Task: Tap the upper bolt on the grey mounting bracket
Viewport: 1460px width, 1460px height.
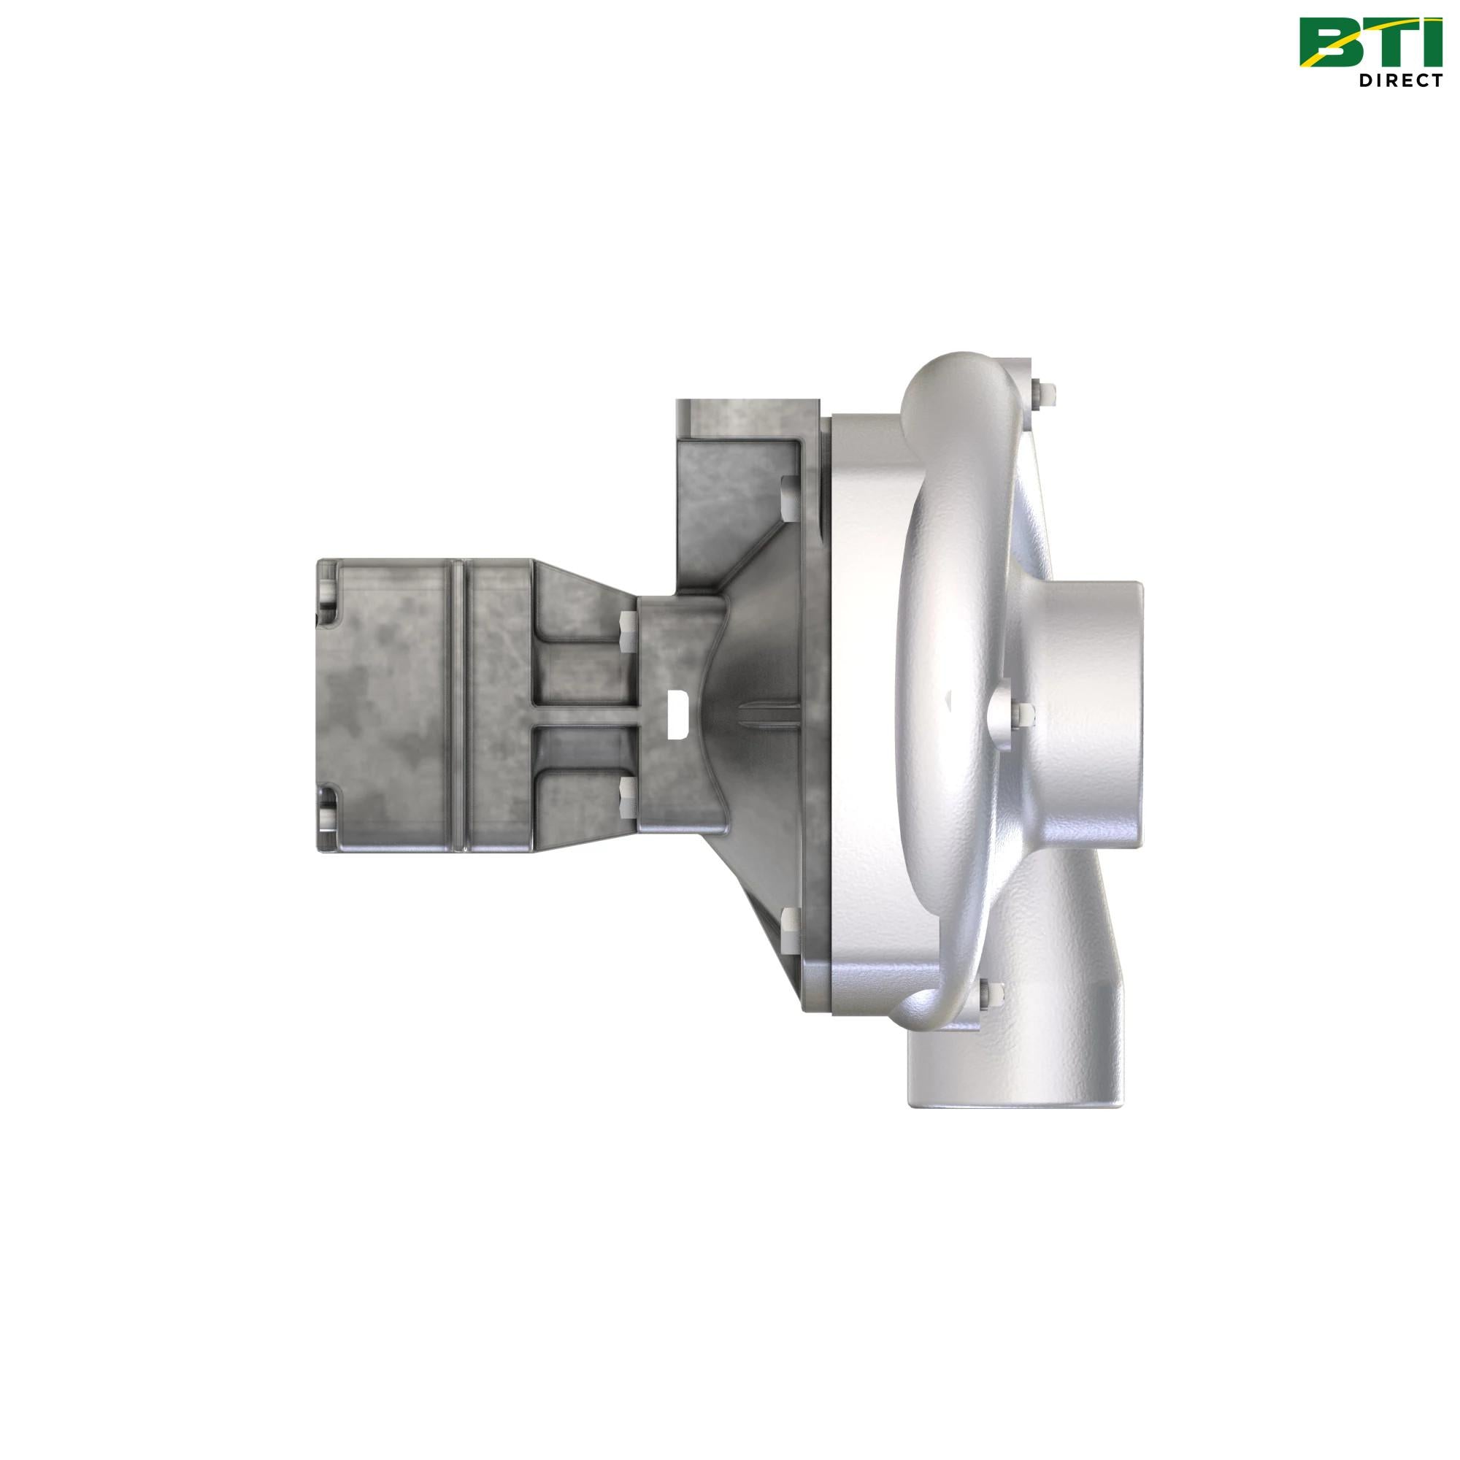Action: [788, 499]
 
